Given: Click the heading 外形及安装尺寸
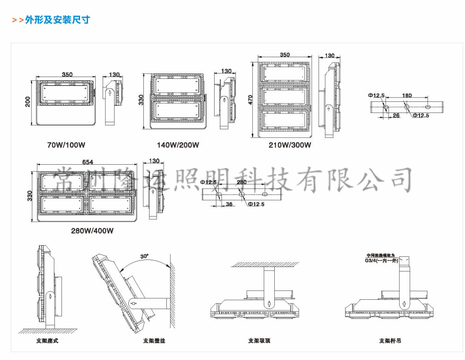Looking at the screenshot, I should (x=58, y=20).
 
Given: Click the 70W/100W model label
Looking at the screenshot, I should (x=66, y=145).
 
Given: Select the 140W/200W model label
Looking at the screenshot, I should (x=178, y=145).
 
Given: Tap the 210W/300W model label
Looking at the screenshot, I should (x=290, y=145).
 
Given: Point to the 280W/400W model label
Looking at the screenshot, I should (x=92, y=231).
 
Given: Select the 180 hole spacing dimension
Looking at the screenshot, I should (x=407, y=95).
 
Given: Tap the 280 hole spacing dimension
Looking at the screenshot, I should (x=241, y=182).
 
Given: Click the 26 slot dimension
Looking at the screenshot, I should (x=396, y=116).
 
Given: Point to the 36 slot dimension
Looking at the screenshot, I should (x=229, y=204).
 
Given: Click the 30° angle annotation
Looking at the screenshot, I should (x=144, y=256).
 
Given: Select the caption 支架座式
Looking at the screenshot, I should (x=47, y=341).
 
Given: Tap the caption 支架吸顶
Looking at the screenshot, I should (x=259, y=341).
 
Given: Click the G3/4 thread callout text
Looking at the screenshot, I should (x=382, y=261).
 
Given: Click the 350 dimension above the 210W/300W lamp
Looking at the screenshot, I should (x=285, y=55).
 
